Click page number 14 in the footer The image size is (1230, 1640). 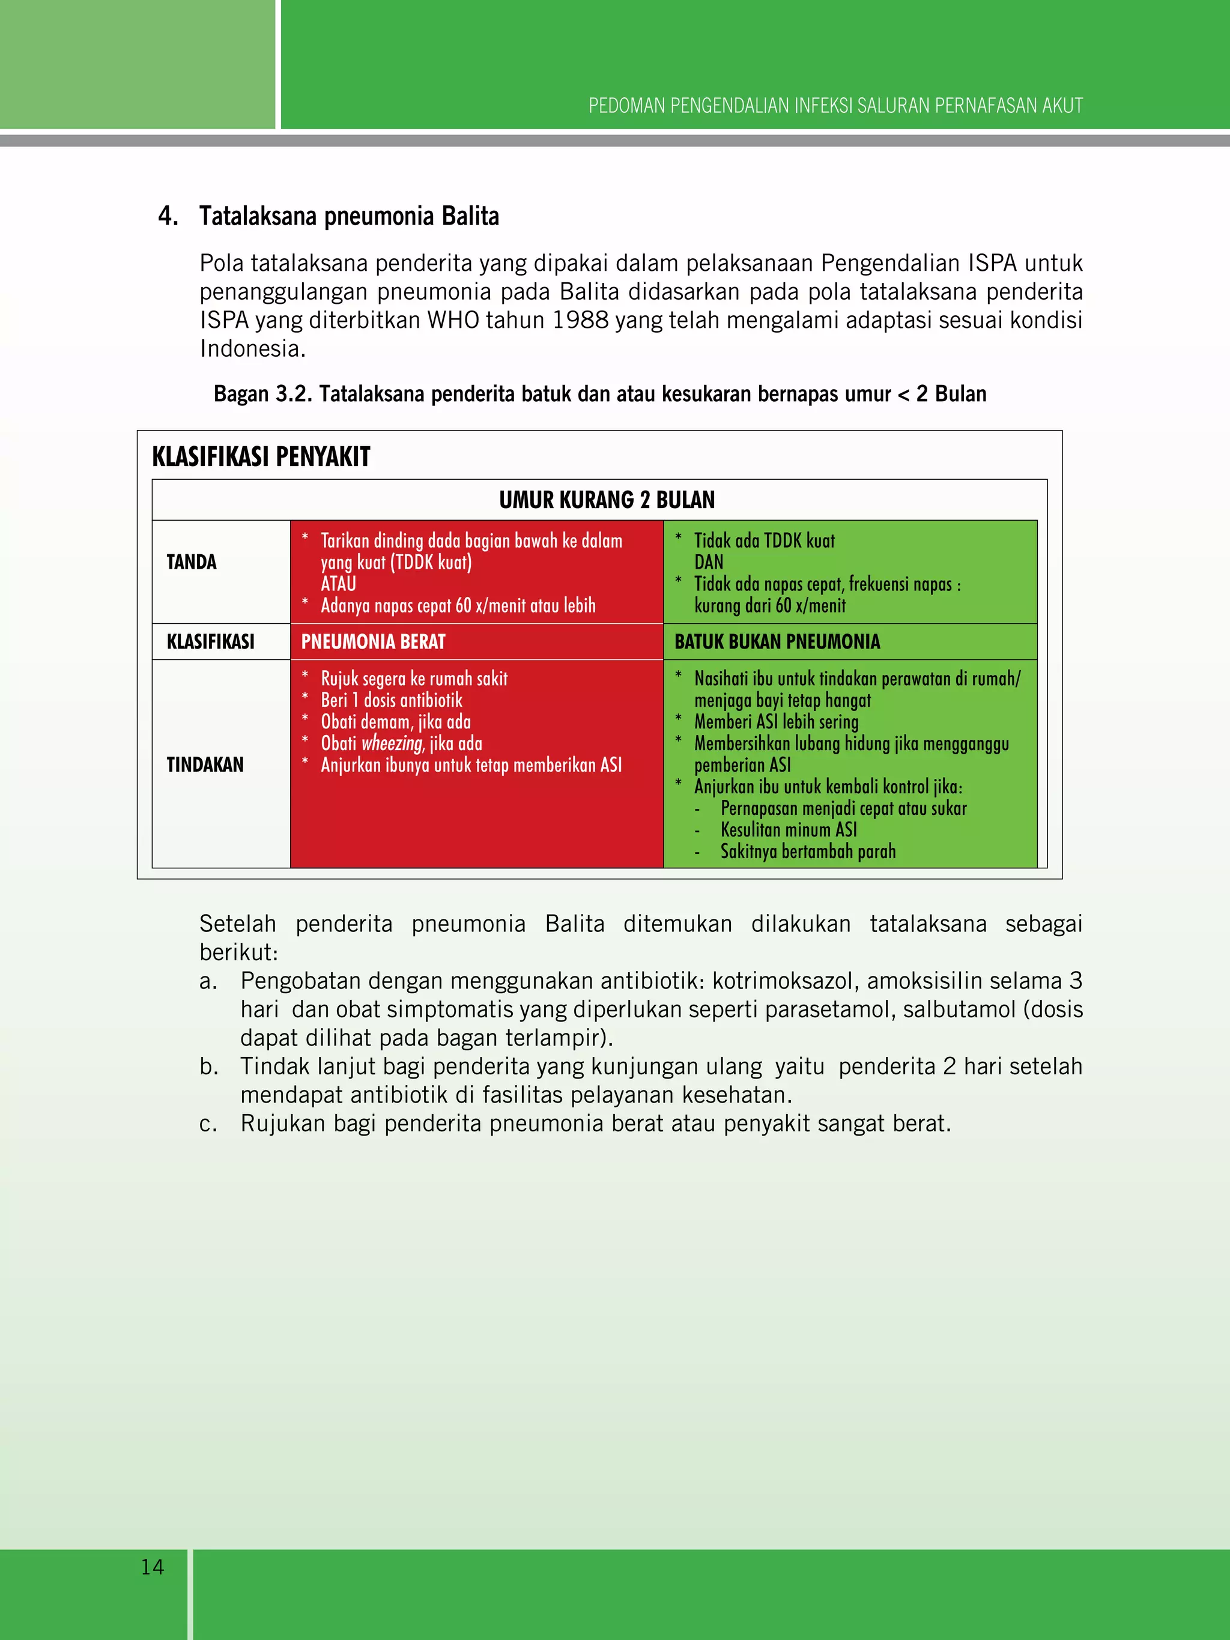click(153, 1567)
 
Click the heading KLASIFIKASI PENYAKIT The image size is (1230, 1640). click(261, 457)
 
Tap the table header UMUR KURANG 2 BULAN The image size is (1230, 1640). click(607, 500)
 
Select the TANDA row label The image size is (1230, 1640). click(191, 562)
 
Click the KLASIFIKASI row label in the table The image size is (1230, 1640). click(211, 642)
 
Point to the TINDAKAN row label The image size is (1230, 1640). click(205, 764)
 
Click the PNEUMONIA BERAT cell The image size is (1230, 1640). click(373, 642)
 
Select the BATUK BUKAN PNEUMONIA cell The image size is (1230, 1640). click(777, 642)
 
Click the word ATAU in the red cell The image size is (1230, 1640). click(338, 584)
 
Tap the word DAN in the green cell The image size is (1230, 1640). click(709, 563)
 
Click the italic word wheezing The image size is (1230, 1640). click(392, 743)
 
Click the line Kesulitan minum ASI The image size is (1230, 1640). click(788, 830)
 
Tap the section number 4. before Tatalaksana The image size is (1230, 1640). click(168, 217)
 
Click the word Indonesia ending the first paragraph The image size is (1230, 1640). click(250, 348)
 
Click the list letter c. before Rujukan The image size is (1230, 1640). click(208, 1124)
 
